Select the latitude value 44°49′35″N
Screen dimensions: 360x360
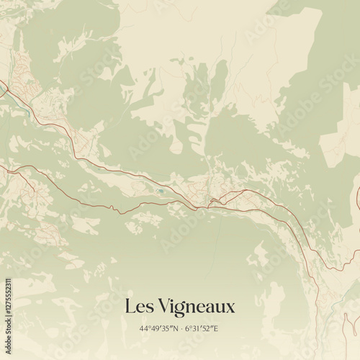tap(159, 328)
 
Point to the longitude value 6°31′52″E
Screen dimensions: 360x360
tap(201, 328)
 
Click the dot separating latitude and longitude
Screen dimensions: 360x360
tap(180, 328)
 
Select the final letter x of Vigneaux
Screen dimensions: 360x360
tap(230, 308)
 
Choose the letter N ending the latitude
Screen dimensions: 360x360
tap(175, 328)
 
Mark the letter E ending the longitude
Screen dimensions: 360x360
tap(216, 328)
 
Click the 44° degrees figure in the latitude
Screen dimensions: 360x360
tap(144, 328)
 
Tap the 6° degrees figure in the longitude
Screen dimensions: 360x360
tap(186, 328)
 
